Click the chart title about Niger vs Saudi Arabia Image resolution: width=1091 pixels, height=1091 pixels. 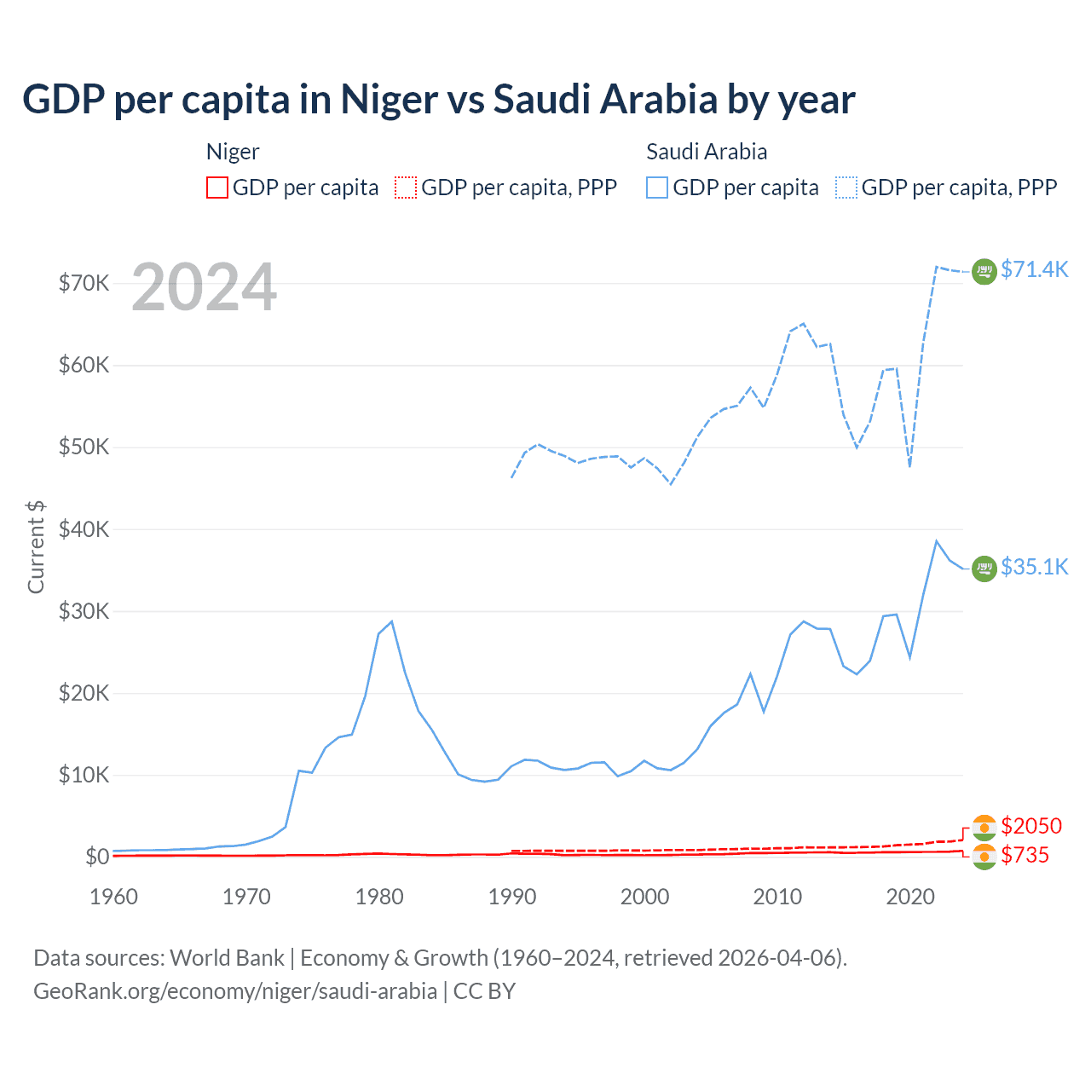438,100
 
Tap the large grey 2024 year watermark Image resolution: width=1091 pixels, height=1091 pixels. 204,288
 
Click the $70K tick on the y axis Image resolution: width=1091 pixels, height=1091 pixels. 84,283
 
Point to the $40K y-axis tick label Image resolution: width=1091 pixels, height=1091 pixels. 84,529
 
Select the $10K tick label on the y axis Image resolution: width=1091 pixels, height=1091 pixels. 84,775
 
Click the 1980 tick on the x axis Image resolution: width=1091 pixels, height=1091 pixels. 379,897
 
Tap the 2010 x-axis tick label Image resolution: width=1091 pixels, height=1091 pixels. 777,897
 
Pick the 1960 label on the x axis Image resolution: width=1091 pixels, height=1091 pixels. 114,897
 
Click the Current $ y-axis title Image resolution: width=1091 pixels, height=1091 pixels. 36,546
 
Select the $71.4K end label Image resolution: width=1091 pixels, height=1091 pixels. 1034,269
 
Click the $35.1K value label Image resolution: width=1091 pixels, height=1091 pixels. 1034,567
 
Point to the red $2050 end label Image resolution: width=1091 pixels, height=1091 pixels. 1031,826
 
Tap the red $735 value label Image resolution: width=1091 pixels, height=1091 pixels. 1025,855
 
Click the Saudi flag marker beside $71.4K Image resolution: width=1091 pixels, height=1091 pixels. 984,271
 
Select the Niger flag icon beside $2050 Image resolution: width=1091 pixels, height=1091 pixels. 984,827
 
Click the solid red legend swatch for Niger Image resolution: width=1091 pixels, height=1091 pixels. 217,188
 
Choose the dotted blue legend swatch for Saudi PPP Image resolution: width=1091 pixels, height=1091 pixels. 846,188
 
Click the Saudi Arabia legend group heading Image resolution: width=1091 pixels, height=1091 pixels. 707,152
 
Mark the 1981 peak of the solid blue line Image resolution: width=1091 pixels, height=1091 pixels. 391,621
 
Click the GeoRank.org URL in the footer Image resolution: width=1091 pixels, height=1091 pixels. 235,991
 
